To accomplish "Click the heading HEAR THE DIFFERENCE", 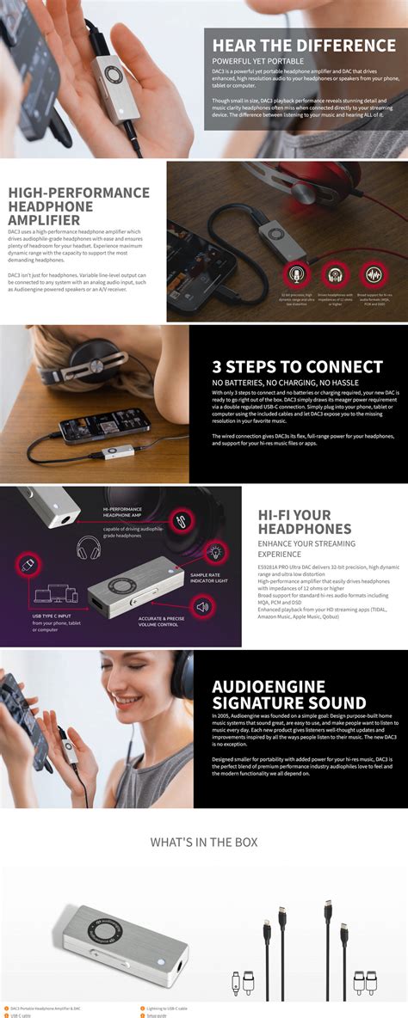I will (304, 45).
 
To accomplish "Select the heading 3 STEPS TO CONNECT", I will (297, 366).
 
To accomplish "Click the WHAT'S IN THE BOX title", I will (204, 843).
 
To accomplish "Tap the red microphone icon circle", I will (296, 274).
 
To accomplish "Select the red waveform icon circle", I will (374, 274).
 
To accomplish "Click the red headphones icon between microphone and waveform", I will (336, 274).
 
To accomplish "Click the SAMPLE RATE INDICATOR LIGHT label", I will (210, 578).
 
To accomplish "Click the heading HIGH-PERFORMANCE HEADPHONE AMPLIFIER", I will (77, 205).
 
